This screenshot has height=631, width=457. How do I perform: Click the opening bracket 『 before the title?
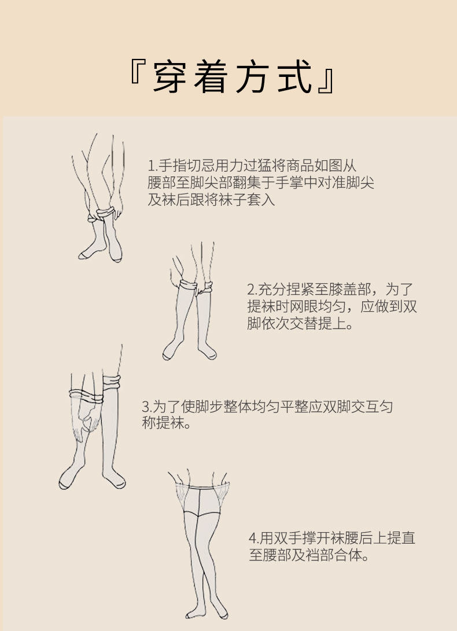click(137, 72)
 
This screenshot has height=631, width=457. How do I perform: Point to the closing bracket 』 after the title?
click(326, 82)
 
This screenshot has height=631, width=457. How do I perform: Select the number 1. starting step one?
click(152, 166)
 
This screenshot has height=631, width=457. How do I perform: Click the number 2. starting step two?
click(252, 290)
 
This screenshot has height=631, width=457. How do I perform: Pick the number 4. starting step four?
click(254, 538)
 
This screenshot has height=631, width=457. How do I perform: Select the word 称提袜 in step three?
click(163, 423)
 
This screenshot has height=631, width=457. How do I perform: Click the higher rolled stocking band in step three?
click(112, 382)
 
